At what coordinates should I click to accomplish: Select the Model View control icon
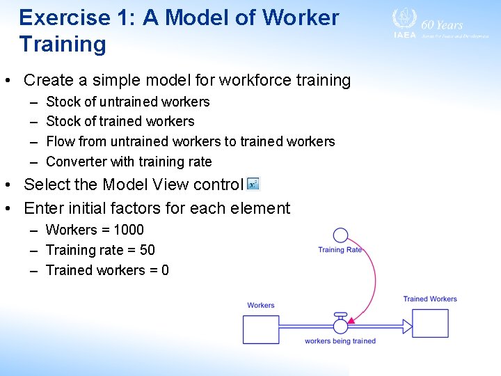click(253, 184)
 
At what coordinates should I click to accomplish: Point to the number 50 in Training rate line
click(147, 250)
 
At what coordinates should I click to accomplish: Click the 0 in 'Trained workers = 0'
click(165, 270)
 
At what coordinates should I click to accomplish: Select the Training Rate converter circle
click(340, 235)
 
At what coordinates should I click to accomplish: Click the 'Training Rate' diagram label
click(340, 250)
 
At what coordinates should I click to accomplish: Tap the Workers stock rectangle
click(261, 329)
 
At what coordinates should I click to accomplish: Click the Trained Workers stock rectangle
click(430, 324)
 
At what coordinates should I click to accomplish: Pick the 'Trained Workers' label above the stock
click(430, 299)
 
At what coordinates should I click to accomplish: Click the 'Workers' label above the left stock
click(261, 305)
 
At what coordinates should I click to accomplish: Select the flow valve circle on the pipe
click(340, 326)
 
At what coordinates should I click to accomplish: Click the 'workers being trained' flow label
click(340, 341)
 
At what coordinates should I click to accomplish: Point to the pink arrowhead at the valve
click(351, 321)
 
